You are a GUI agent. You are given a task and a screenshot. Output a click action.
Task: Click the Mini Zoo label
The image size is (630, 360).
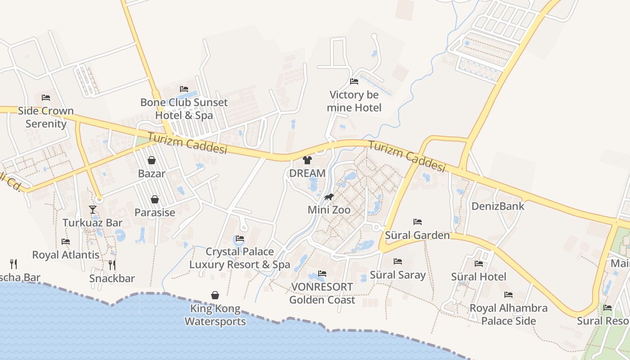(x=329, y=210)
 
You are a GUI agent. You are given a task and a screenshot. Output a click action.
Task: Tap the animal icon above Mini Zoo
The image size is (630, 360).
(x=329, y=197)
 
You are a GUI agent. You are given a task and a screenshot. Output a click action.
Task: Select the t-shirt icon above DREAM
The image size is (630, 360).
(x=307, y=160)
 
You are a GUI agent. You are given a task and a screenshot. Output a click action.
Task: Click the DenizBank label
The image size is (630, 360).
(x=498, y=206)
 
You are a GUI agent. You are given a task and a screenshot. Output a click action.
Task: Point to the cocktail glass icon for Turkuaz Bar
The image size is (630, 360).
(x=93, y=209)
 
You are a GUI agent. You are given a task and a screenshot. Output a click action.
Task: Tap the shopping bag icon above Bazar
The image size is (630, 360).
(x=152, y=160)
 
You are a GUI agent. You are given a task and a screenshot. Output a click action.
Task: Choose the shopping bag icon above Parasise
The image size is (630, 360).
(x=155, y=199)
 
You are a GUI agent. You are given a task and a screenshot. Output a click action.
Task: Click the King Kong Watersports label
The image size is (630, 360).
(x=215, y=315)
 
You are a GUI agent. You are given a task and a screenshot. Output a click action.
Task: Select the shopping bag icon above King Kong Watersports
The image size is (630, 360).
(x=215, y=295)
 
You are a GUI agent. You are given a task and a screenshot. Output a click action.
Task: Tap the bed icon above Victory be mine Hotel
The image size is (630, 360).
(x=354, y=81)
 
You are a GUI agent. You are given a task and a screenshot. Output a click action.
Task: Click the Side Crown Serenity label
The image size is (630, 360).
(x=45, y=117)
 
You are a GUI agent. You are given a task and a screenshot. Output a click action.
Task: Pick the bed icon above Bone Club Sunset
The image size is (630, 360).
(x=184, y=89)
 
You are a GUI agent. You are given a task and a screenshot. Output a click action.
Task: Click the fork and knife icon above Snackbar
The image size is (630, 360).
(x=112, y=265)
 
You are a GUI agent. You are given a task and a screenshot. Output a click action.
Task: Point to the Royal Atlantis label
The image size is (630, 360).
(x=66, y=255)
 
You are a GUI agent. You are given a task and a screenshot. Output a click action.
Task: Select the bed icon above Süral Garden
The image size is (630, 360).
(x=418, y=222)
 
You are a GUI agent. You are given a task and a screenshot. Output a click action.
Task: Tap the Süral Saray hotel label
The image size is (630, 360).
(x=397, y=274)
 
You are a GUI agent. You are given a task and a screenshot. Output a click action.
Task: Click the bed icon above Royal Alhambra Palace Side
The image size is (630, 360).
(x=508, y=295)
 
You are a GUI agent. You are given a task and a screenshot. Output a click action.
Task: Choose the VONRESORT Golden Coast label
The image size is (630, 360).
(x=322, y=293)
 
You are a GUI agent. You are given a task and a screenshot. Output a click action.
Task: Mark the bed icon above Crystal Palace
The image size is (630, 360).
(x=240, y=238)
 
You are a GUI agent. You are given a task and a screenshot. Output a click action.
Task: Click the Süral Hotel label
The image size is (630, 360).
(x=478, y=276)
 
